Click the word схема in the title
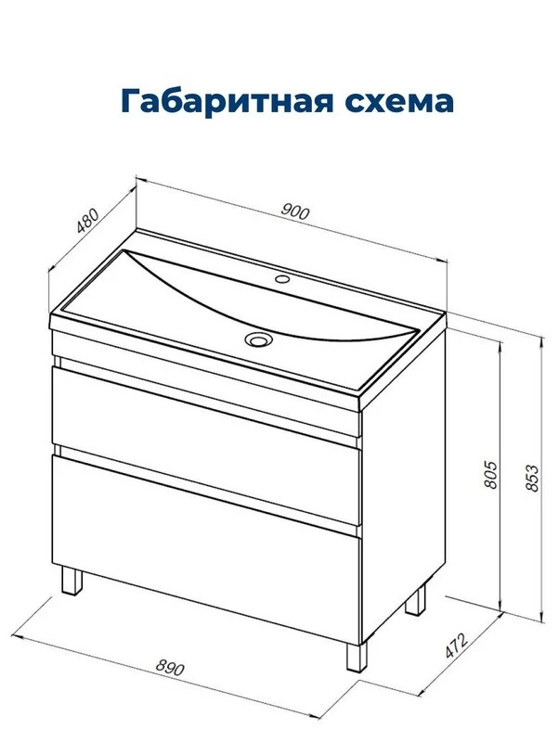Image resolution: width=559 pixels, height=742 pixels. point(399,102)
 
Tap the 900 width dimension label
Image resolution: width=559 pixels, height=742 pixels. point(295,211)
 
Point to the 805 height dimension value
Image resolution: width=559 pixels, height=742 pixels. point(491,474)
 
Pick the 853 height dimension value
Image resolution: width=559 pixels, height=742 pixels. point(532,479)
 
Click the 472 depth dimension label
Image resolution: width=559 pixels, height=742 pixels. point(457,645)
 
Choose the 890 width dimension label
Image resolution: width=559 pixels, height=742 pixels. point(170,668)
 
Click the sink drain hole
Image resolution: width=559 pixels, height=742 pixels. point(258,339)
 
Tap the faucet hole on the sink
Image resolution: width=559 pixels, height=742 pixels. point(282,278)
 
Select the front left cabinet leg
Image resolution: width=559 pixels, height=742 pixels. point(72,581)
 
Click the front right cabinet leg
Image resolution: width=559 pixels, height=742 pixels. point(357,657)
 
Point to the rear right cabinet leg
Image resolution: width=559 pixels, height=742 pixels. point(415,598)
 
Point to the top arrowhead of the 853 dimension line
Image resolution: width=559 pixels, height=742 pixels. point(540,337)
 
